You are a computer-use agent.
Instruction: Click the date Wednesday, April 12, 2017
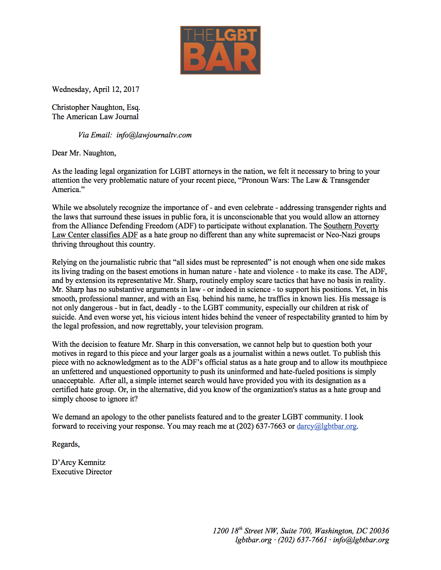[95, 89]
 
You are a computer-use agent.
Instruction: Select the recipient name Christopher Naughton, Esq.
[96, 107]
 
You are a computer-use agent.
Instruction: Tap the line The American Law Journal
[95, 117]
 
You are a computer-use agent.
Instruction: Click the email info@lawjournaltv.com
[154, 135]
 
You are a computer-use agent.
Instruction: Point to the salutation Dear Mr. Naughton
[84, 153]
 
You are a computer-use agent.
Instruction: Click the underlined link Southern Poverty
[351, 226]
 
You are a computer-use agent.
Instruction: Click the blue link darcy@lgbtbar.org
[327, 426]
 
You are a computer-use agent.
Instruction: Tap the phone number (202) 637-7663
[261, 426]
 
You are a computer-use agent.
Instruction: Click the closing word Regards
[65, 444]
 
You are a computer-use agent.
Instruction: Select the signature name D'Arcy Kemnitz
[79, 463]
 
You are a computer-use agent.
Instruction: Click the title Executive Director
[82, 472]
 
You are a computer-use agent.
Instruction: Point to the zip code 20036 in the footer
[379, 531]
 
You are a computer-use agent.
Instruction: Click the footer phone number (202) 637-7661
[302, 540]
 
